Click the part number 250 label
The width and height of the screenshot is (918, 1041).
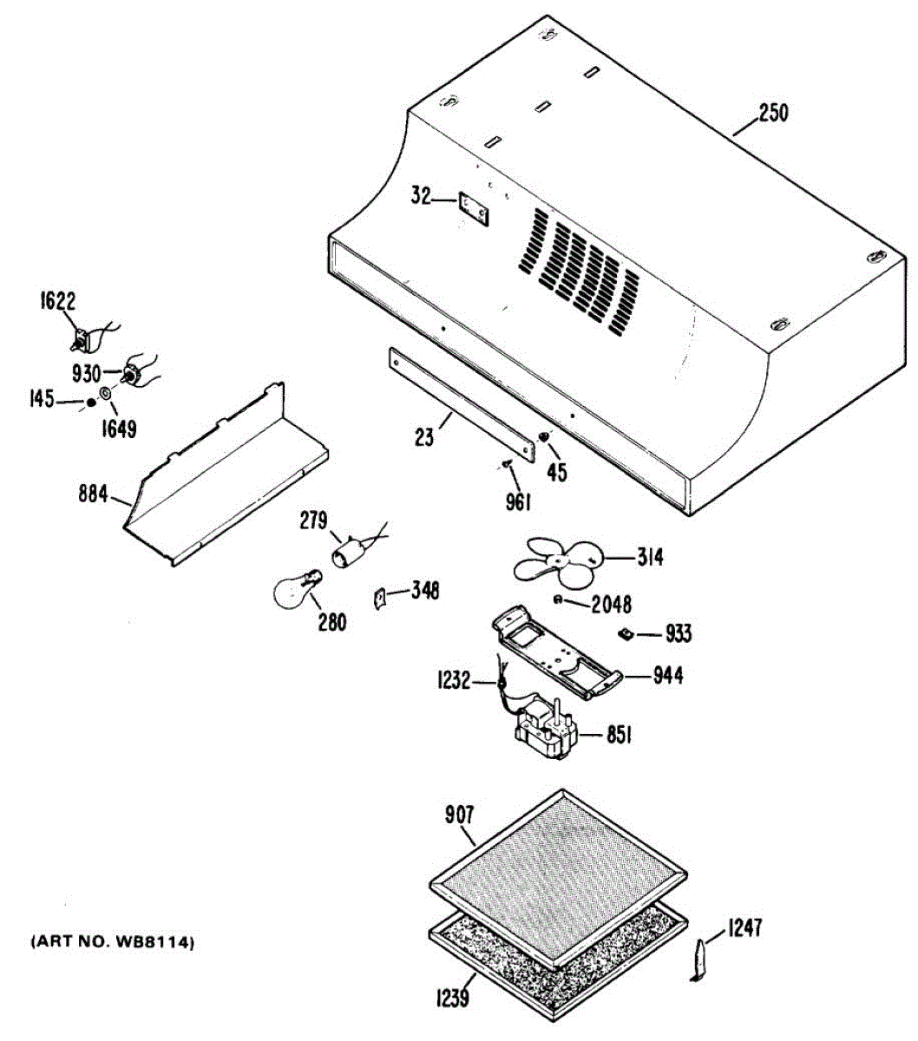tap(773, 114)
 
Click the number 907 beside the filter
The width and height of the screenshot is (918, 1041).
tap(459, 815)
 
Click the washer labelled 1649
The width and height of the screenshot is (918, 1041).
tap(106, 396)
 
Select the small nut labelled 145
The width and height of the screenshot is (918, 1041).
tap(90, 403)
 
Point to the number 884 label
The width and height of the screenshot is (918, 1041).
tap(92, 495)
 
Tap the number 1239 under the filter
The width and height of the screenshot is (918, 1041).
tap(451, 998)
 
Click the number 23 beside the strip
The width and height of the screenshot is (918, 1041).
tap(423, 436)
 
